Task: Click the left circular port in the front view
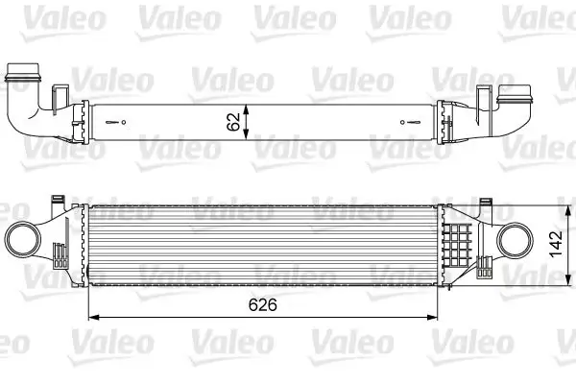tap(23, 237)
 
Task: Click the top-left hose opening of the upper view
tap(23, 74)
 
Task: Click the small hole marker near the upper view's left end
tap(120, 122)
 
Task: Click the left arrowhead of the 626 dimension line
tap(91, 318)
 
